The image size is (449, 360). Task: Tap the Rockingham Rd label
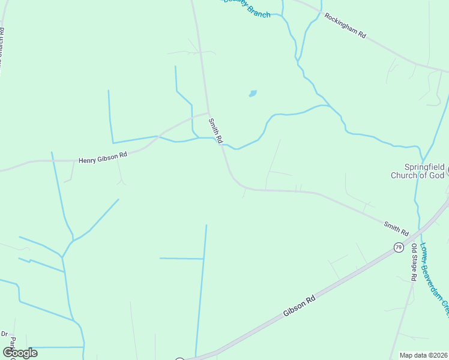[x=345, y=25]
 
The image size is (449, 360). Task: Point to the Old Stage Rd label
[x=414, y=262]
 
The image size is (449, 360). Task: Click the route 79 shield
[x=398, y=247]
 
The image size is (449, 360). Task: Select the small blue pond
[x=253, y=94]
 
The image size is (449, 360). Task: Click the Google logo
[x=20, y=352]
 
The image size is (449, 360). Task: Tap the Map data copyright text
[x=424, y=355]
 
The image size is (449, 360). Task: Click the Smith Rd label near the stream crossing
[x=215, y=130]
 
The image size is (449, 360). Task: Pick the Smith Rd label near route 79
[x=396, y=228]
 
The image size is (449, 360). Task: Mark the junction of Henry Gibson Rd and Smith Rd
[x=208, y=112]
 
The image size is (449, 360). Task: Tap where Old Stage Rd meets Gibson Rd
[x=414, y=230]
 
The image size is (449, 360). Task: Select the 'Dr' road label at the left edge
[x=4, y=334]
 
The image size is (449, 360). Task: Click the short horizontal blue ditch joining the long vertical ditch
[x=181, y=259]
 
